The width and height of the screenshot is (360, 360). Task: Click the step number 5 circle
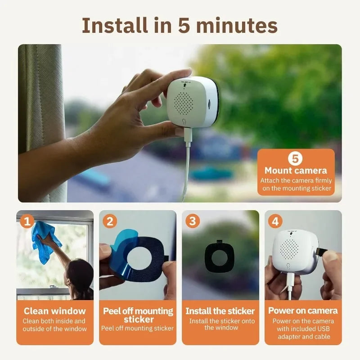point(295,159)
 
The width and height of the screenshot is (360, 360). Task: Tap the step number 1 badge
point(27,221)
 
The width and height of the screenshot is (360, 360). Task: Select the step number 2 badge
point(110,221)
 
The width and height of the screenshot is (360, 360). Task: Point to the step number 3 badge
point(193,221)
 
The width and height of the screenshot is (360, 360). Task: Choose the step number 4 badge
point(275,221)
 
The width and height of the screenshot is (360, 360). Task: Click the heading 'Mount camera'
point(296,171)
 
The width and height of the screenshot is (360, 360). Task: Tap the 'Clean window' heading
point(54,311)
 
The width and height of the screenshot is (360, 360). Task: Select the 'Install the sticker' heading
point(220,311)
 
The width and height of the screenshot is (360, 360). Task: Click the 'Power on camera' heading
point(303,311)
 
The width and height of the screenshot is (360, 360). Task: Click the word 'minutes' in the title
point(237,26)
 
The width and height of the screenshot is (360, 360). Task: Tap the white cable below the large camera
point(187,166)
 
